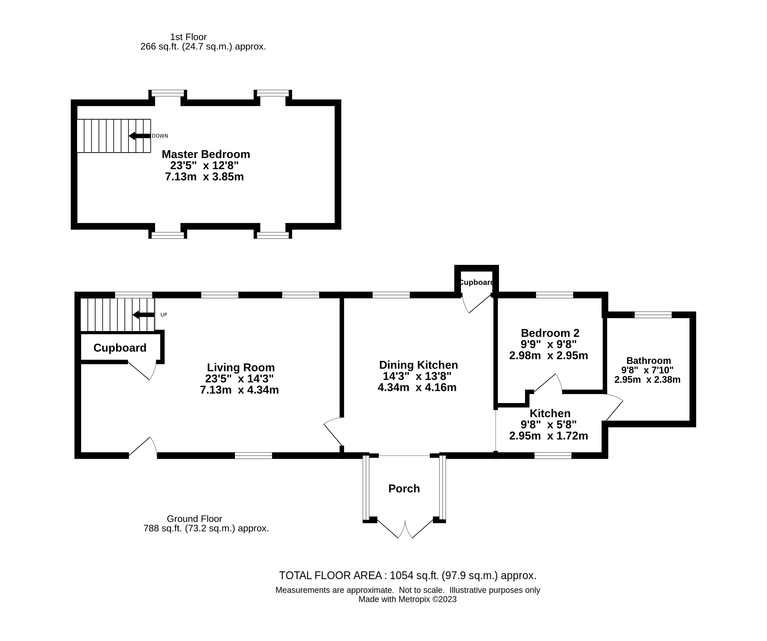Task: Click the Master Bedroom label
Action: (x=206, y=154)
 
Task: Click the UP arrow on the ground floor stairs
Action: (x=143, y=315)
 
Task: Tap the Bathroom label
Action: (x=648, y=361)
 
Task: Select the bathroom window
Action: (x=653, y=315)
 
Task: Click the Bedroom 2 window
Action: (x=554, y=295)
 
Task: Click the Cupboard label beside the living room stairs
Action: (x=120, y=348)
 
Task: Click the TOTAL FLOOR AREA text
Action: (x=408, y=576)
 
